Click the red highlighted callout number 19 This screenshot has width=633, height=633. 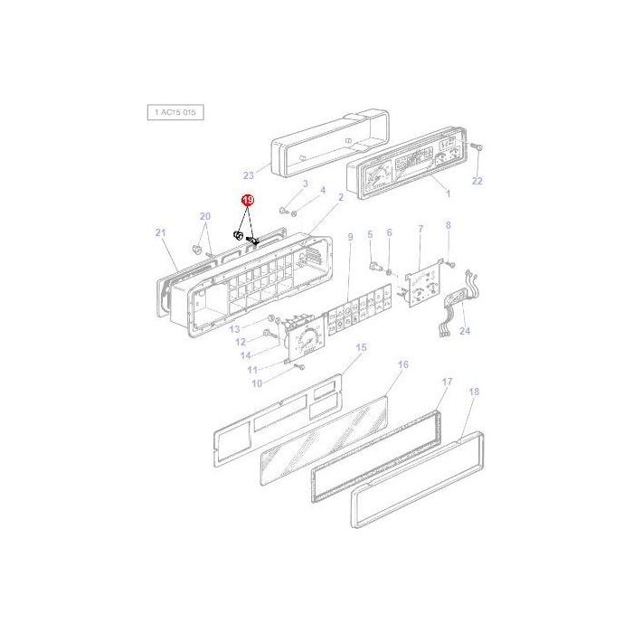click(x=248, y=200)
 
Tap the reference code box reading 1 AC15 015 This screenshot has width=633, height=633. click(x=175, y=112)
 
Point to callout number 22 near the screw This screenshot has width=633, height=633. click(x=477, y=181)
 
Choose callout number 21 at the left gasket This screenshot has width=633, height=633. click(x=161, y=233)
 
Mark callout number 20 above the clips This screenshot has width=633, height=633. click(x=205, y=216)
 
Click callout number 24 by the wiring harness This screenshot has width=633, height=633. click(x=465, y=331)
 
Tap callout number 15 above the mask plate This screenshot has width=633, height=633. click(x=361, y=347)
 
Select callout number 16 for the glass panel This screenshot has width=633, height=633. click(x=403, y=364)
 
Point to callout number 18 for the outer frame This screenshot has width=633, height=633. click(x=474, y=392)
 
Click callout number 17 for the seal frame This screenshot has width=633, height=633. click(x=446, y=383)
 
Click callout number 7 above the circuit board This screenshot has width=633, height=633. click(x=420, y=231)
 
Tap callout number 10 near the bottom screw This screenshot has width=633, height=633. click(x=256, y=383)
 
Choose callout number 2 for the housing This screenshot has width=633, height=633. click(x=341, y=197)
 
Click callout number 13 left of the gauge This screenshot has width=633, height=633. click(x=234, y=329)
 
